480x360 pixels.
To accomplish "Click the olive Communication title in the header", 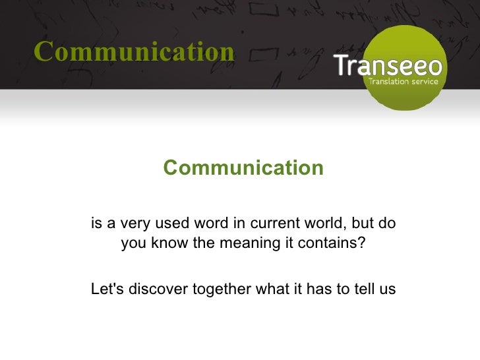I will [134, 51].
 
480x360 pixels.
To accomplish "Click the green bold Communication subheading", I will [243, 168].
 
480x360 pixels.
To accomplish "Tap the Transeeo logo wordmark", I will [390, 67].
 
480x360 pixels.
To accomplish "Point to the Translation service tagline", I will [403, 82].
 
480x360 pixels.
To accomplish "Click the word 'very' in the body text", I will [129, 224].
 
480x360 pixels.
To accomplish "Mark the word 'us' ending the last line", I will [388, 289].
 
